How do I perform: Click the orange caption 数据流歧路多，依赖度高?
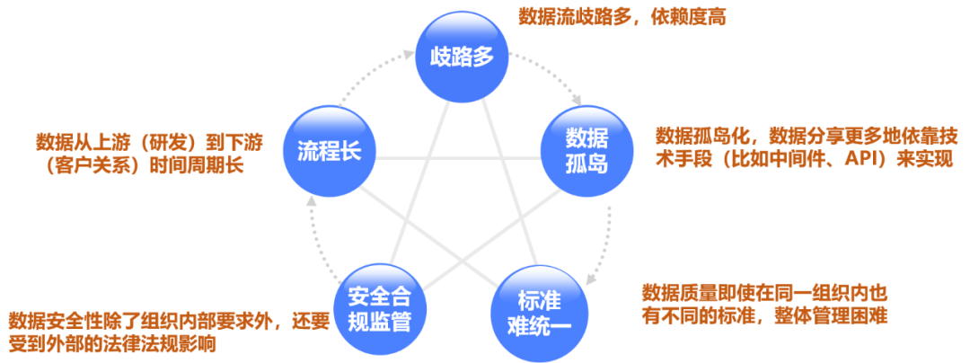[x=622, y=16]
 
